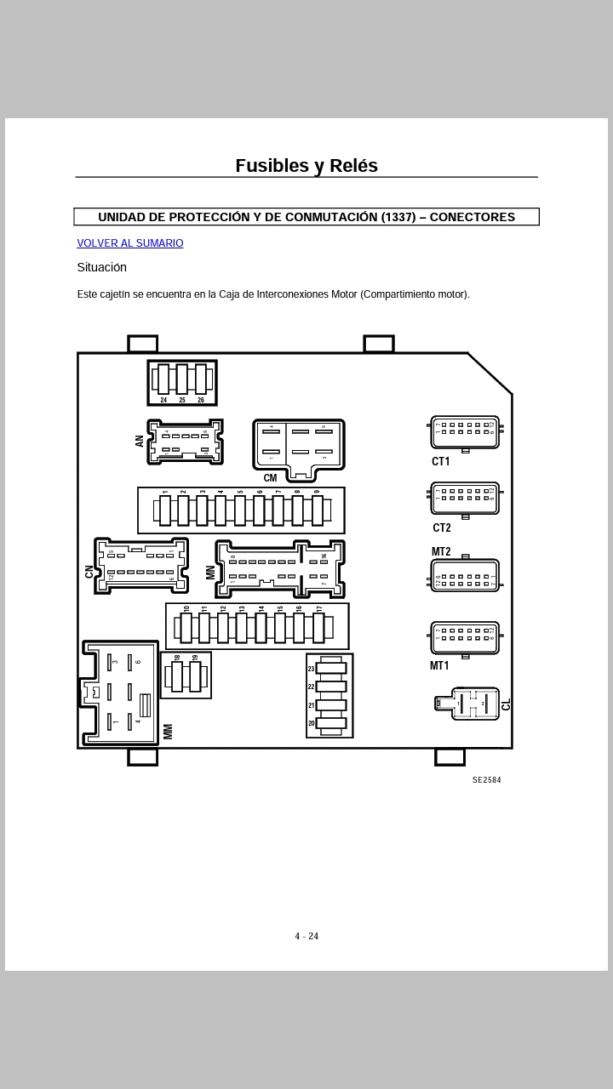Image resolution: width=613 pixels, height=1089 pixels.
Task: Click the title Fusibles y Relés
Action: [x=306, y=166]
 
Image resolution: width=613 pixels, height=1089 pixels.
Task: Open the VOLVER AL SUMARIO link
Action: [x=130, y=243]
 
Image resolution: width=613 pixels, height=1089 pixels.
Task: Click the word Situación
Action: [x=101, y=267]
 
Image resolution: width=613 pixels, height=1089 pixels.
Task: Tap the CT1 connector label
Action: [x=440, y=462]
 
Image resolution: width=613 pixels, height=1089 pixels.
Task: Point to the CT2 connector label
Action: [x=441, y=528]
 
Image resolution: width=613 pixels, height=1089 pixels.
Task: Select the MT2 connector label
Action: [x=441, y=552]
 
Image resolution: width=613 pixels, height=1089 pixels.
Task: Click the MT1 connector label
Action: [x=439, y=666]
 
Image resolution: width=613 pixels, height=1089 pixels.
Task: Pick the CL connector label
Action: [x=507, y=704]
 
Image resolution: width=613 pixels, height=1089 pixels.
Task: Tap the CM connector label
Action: [x=270, y=478]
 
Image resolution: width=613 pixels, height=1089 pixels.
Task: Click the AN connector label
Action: [x=140, y=441]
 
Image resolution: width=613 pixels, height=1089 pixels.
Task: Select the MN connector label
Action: [x=210, y=573]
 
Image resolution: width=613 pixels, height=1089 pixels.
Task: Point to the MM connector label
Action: [x=168, y=731]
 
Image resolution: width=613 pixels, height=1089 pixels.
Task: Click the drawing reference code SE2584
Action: [x=487, y=780]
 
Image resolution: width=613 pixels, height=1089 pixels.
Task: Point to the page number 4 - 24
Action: [x=306, y=937]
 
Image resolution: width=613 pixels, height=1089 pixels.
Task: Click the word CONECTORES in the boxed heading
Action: [x=473, y=217]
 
